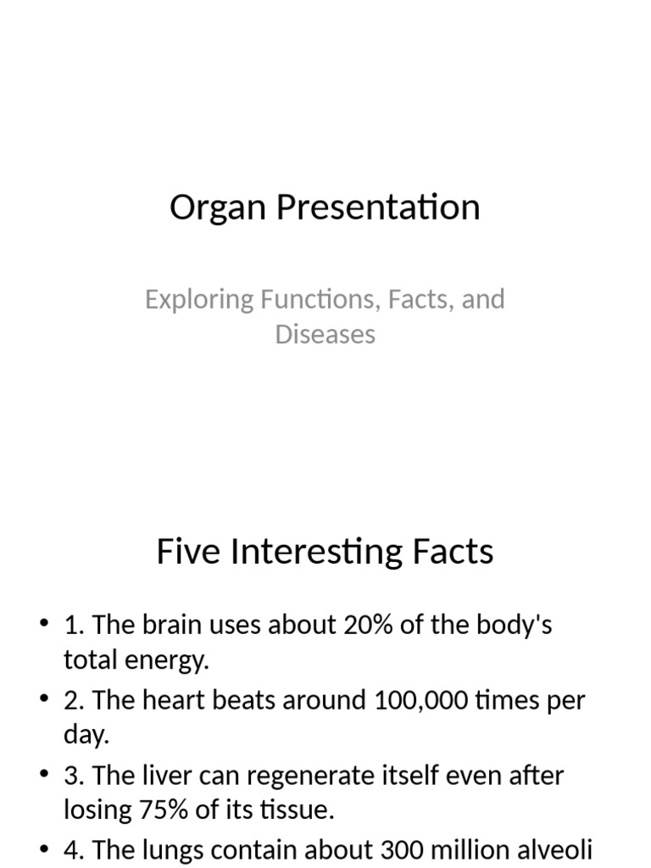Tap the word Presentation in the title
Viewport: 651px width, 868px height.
tap(377, 208)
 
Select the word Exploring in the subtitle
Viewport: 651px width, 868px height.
tap(199, 299)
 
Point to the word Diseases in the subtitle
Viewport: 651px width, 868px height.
tap(325, 334)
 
